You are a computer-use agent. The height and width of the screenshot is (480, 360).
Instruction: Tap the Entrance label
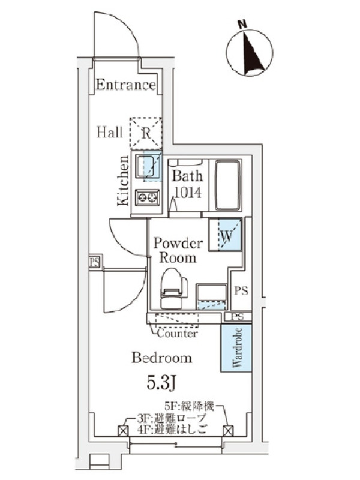tap(125, 85)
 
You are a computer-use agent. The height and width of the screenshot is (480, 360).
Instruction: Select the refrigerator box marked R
tap(146, 133)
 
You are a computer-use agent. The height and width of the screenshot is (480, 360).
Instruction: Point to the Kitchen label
tap(123, 181)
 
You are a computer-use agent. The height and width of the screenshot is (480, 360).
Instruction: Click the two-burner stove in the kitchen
tap(147, 196)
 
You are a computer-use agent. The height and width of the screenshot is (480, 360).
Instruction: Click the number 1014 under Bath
tap(187, 193)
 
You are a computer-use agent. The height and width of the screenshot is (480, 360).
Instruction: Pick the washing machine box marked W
tap(226, 235)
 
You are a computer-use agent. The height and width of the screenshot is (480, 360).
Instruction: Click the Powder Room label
tap(178, 250)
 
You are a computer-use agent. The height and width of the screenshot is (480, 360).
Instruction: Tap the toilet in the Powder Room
tap(172, 288)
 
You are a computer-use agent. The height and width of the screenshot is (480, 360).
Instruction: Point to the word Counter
tap(178, 334)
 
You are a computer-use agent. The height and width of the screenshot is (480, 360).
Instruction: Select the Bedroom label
tap(162, 358)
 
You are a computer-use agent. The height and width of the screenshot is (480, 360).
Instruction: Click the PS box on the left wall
tap(95, 262)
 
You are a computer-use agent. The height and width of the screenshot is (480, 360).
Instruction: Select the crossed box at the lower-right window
tap(227, 430)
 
